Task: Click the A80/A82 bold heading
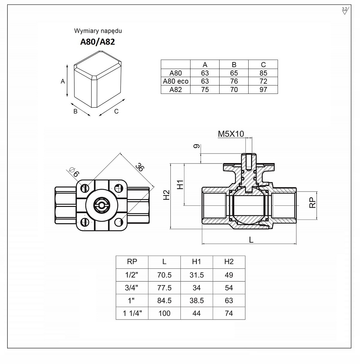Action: click(97, 42)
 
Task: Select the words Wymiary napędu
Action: click(98, 31)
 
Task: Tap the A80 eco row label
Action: click(176, 81)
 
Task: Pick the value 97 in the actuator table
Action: click(263, 90)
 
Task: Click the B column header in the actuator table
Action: click(234, 65)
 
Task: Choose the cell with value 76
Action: click(234, 81)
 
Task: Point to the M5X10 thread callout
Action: click(231, 134)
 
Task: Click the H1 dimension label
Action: click(180, 184)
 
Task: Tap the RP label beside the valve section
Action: click(312, 202)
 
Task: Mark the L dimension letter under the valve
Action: click(251, 240)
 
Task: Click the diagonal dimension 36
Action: click(139, 167)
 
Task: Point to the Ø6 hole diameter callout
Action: click(74, 172)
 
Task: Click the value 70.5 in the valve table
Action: click(164, 275)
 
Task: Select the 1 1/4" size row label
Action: click(132, 314)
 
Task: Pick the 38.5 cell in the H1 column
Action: click(196, 301)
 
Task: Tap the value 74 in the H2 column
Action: click(229, 314)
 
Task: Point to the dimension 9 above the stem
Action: click(196, 146)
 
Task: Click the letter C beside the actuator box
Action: click(117, 111)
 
